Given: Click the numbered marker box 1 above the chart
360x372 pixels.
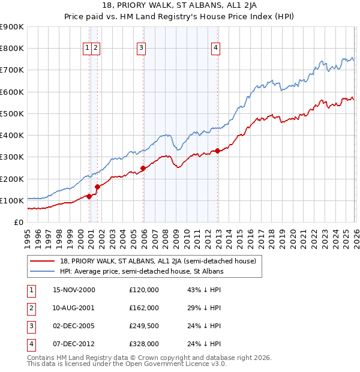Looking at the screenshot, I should coord(88,49).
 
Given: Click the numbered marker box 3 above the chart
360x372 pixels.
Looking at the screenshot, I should coord(141,49).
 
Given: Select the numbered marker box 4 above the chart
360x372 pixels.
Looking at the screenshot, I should coord(215,49).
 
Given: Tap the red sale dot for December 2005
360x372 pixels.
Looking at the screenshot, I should coord(143,168).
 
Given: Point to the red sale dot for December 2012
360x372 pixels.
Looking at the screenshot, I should coord(217,151).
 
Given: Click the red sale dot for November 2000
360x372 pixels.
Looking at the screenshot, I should coord(89,196).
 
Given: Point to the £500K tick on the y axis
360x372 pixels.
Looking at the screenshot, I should coord(11,113).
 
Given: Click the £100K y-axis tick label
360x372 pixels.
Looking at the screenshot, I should coord(11,200).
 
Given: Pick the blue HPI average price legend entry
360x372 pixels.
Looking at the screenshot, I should coord(141,272).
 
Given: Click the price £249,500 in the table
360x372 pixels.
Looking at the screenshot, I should coord(143,326).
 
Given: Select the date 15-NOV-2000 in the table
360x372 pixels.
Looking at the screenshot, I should coord(74,290).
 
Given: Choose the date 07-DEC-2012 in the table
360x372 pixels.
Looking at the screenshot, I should coord(74,344).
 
